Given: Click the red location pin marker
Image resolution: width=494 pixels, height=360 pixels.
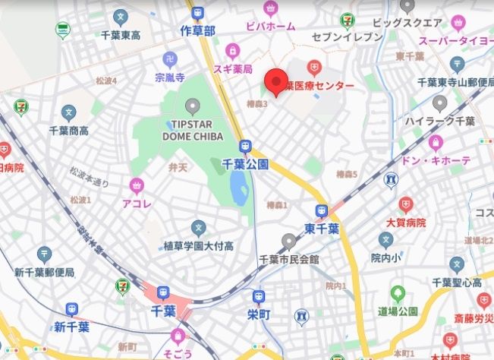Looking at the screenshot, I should tap(275, 80).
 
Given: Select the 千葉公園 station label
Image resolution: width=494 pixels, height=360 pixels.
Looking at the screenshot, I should tap(245, 163).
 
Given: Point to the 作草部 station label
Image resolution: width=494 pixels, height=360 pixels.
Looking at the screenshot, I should tap(198, 30).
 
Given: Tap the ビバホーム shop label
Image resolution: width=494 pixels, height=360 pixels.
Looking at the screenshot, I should tap(269, 27).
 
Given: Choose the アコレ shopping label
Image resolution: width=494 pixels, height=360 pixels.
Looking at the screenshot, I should tap(137, 203).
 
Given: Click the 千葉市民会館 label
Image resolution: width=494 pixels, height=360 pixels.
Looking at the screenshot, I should tap(288, 259).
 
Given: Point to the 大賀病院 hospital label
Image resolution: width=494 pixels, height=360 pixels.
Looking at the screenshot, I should tap(407, 222).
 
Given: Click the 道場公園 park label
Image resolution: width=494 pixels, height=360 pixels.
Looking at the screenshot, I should tap(398, 311).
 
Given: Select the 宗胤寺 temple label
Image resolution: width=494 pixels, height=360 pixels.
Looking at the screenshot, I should tap(170, 77).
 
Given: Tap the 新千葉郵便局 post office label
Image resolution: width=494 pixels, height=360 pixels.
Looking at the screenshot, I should tap(44, 272).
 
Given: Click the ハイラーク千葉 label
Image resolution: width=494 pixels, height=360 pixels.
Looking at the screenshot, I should tap(439, 121).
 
